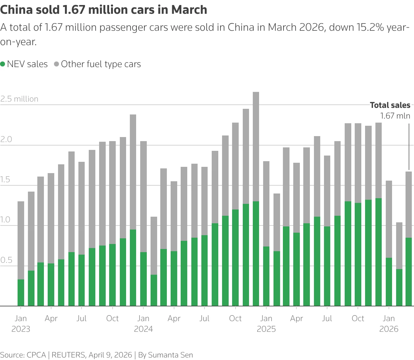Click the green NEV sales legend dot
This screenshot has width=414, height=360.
(3, 64)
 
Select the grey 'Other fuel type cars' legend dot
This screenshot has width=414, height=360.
(56, 64)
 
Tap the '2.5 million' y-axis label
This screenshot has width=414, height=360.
(19, 99)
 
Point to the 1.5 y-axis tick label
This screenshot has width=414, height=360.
(5, 180)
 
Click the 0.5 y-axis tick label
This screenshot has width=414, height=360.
(5, 260)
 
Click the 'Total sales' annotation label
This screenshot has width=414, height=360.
(390, 105)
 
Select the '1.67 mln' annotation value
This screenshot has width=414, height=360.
(395, 116)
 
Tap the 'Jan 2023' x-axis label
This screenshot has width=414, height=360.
(21, 324)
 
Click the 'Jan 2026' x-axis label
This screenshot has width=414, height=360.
(389, 324)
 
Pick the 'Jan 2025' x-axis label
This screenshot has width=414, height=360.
(266, 324)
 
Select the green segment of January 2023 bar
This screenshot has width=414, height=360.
(21, 292)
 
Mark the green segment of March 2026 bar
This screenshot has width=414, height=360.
(409, 272)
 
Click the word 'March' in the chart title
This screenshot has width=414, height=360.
(189, 10)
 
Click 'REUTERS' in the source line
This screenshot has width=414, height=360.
(68, 355)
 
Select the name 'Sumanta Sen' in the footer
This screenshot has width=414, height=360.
(170, 355)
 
